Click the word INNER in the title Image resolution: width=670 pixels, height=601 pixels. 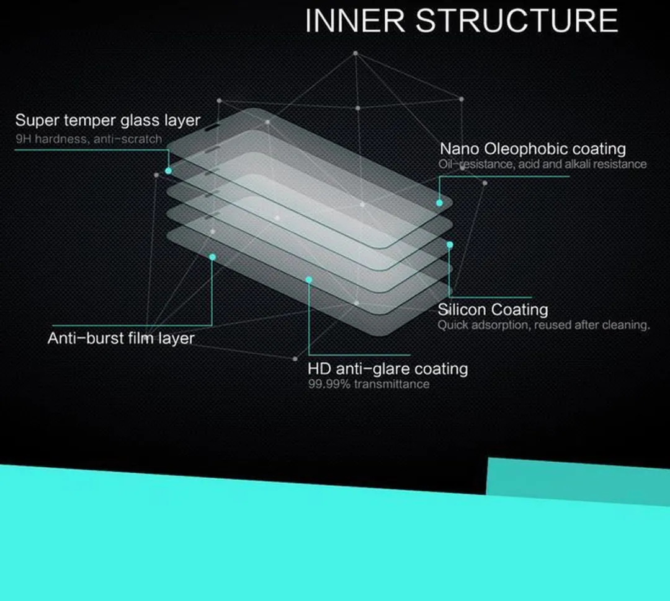pyautogui.click(x=355, y=20)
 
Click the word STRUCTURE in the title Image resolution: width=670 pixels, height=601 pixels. pyautogui.click(x=517, y=20)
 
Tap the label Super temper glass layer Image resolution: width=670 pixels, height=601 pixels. pyautogui.click(x=108, y=120)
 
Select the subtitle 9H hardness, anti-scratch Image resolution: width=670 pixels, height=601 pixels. pyautogui.click(x=89, y=139)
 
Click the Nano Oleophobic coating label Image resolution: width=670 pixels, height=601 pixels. pyautogui.click(x=533, y=149)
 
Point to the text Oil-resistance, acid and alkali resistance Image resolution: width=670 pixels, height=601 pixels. pyautogui.click(x=542, y=164)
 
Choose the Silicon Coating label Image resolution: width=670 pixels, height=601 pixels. pyautogui.click(x=493, y=309)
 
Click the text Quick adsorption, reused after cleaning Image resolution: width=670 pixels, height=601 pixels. pyautogui.click(x=543, y=325)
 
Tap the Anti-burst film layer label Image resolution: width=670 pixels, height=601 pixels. pyautogui.click(x=121, y=338)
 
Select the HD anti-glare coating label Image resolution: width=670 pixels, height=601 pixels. pyautogui.click(x=388, y=369)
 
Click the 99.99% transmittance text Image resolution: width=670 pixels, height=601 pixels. pyautogui.click(x=368, y=384)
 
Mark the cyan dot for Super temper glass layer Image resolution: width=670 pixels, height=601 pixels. pyautogui.click(x=168, y=171)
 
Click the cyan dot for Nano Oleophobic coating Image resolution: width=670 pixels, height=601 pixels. pyautogui.click(x=439, y=203)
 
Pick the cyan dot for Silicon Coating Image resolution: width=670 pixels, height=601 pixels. pyautogui.click(x=450, y=245)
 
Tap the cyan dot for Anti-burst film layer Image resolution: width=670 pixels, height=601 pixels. pyautogui.click(x=212, y=257)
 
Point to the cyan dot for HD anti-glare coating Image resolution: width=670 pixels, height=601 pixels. pyautogui.click(x=309, y=280)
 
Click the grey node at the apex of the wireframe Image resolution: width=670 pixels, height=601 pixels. pyautogui.click(x=355, y=53)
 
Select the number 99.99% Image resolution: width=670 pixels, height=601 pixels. pyautogui.click(x=329, y=384)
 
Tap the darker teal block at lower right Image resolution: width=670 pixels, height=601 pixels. pyautogui.click(x=578, y=481)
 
